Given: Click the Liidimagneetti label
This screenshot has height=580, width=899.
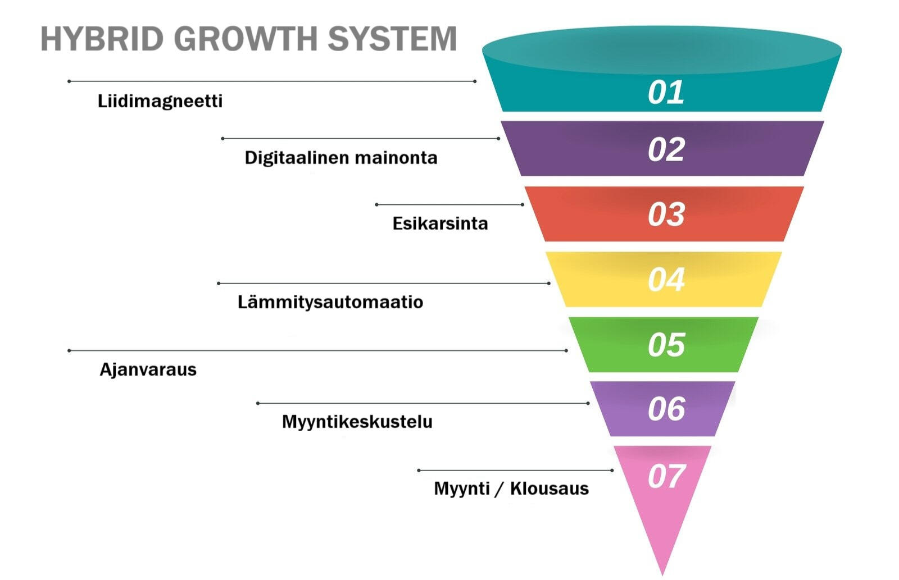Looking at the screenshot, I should pos(160,101).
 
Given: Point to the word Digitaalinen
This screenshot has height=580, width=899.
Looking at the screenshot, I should pos(296,158).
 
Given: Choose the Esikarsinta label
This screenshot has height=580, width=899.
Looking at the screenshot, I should pos(440,223).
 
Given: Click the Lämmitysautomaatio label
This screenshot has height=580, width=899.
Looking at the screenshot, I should pos(330,302).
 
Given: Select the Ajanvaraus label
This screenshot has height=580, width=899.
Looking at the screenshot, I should pos(148,369).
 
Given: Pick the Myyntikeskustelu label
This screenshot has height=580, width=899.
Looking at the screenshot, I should pos(357,422).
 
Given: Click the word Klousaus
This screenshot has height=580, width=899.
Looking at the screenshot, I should pos(550,488).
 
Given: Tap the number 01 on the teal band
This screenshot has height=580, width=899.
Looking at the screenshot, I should pos(666,93).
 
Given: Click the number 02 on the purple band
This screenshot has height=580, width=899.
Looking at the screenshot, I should pos(666,150).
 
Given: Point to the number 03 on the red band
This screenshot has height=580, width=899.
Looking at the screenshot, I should pos(666,215).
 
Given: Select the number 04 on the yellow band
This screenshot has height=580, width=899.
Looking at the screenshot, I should pos(666,280).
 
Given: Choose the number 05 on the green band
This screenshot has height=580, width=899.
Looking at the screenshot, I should pos(666,345).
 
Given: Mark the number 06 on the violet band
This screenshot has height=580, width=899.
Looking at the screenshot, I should pos(666,409).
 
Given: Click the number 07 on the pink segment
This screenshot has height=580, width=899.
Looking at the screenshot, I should pos(666,477).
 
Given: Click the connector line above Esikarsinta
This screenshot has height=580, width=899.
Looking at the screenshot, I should pos(449,205).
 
